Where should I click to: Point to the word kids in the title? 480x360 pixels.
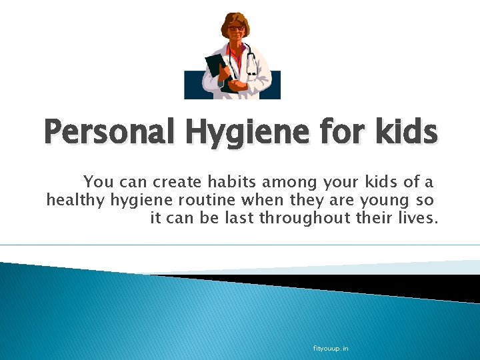(x=407, y=132)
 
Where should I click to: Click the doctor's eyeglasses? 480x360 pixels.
(x=234, y=29)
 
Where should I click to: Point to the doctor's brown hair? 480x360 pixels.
(x=233, y=18)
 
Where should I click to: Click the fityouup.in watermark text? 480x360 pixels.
(x=331, y=348)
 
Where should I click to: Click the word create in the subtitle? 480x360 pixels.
(x=178, y=181)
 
